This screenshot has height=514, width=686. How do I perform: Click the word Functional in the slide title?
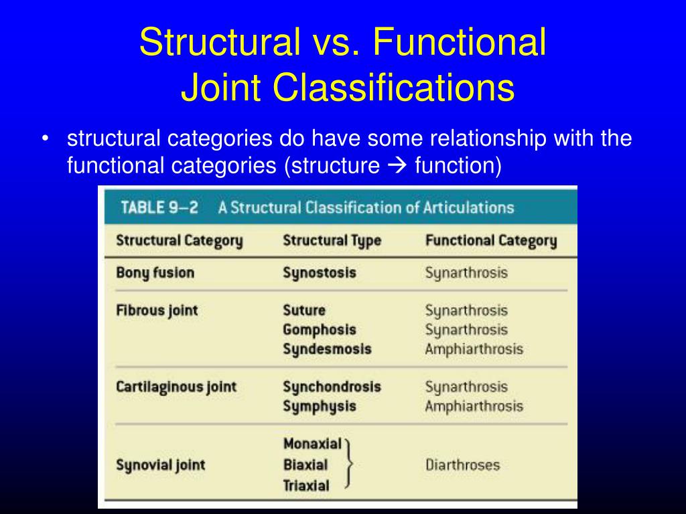pos(460,42)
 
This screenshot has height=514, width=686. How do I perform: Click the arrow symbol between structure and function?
pos(397,165)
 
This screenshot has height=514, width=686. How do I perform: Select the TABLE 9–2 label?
pos(159,207)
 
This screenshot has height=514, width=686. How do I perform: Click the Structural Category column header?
pos(179,240)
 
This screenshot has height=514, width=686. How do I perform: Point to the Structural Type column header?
pos(332,240)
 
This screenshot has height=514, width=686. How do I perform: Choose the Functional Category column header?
pos(490,240)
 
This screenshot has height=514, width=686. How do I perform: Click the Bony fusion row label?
pos(155,272)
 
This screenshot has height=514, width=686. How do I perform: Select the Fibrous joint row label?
pos(157,311)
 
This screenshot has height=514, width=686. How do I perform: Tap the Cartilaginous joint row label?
pos(176,387)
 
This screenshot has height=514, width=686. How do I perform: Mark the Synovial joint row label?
pos(161,464)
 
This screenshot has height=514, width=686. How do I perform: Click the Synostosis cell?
pos(319,272)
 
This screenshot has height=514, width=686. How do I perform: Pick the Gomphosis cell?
pos(319,329)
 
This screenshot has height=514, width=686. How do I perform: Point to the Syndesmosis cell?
pos(326,349)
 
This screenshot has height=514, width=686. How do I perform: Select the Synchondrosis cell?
pos(332,387)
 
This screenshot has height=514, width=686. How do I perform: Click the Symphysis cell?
pos(319,406)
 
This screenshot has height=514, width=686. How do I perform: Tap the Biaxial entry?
pos(305,464)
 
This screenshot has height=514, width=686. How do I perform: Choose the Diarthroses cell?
pos(462,464)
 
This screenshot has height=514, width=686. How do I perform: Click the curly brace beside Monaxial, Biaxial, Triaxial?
pos(348,464)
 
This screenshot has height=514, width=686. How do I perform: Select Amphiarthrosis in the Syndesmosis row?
pos(474,349)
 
